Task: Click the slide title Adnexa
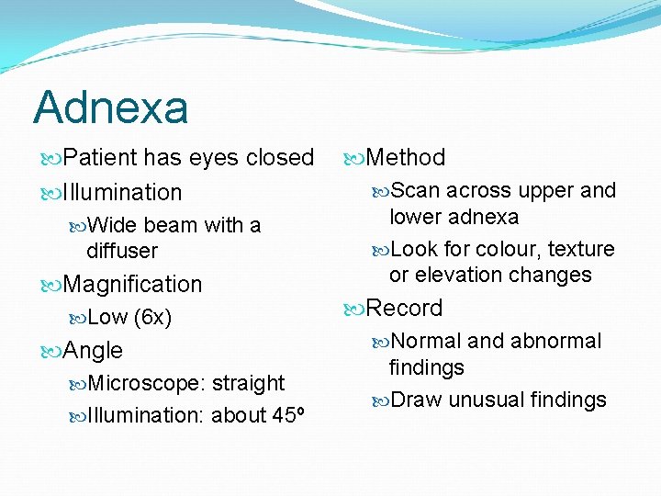pos(111,107)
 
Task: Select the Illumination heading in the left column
pos(122,192)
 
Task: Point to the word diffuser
pos(122,250)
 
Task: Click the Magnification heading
pos(132,284)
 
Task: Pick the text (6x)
pos(152,318)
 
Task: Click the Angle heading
pos(93,350)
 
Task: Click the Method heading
pos(405,158)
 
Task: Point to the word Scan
pos(416,191)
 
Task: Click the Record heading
pos(404,308)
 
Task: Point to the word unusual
pos(484,400)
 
